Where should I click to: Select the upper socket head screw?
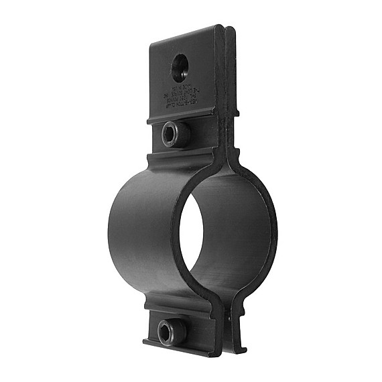click(172, 134)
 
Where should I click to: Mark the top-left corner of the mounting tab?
click(151, 44)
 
